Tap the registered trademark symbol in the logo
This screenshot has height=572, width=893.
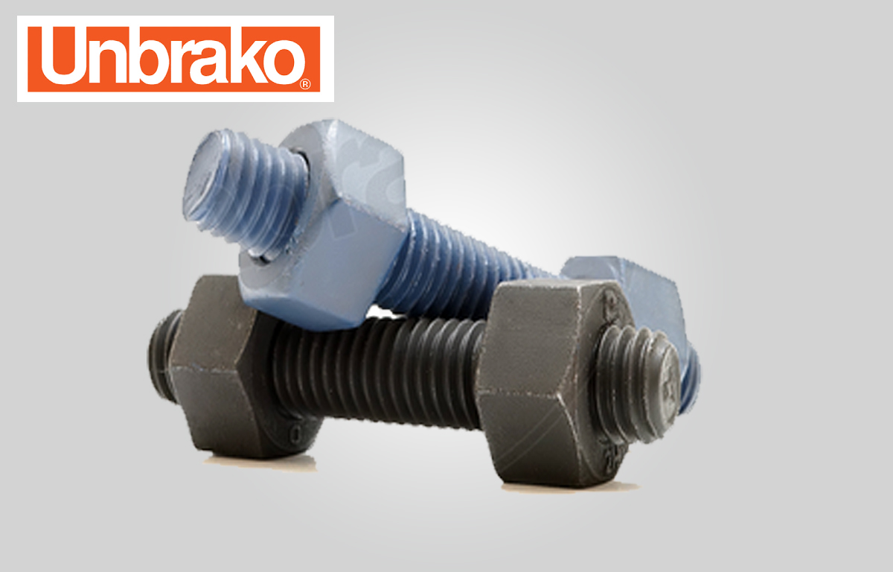(x=305, y=84)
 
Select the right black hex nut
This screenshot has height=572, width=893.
(x=554, y=383)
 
